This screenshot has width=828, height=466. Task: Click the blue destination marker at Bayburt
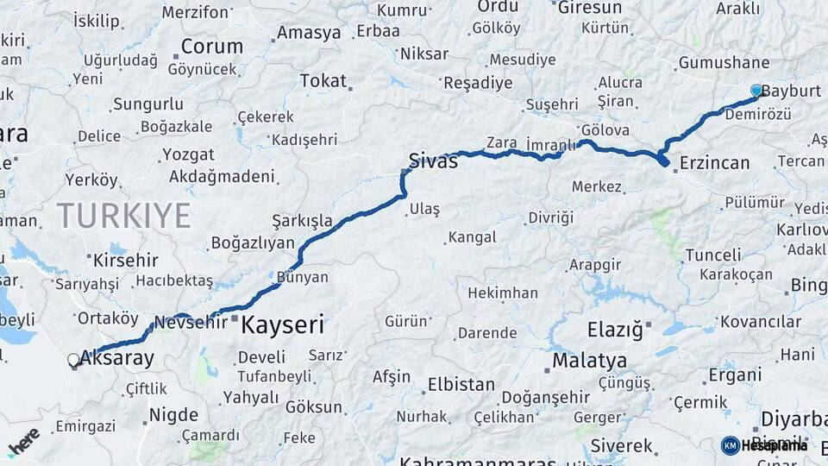(x=756, y=91)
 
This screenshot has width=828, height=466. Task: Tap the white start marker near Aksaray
(x=73, y=361)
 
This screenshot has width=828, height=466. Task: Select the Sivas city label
(x=433, y=161)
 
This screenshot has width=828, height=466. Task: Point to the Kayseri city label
(x=282, y=324)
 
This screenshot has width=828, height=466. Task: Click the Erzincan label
(x=714, y=162)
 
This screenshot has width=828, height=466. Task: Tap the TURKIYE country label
(x=123, y=215)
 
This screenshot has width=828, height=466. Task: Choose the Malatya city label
(x=592, y=360)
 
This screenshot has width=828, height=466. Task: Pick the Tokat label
(x=323, y=81)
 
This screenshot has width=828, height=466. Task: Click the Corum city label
(x=211, y=46)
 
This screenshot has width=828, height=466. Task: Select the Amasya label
(x=309, y=34)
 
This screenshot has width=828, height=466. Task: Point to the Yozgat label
(x=187, y=155)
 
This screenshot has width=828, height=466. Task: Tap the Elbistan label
(x=461, y=384)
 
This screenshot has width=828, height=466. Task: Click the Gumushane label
(x=724, y=62)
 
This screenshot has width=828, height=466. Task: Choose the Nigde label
(x=173, y=415)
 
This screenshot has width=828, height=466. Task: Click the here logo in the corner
(x=23, y=441)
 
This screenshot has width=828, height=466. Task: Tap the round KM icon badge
(x=730, y=445)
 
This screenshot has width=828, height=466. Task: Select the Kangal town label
(x=472, y=236)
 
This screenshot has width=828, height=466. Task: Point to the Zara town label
(x=501, y=142)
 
